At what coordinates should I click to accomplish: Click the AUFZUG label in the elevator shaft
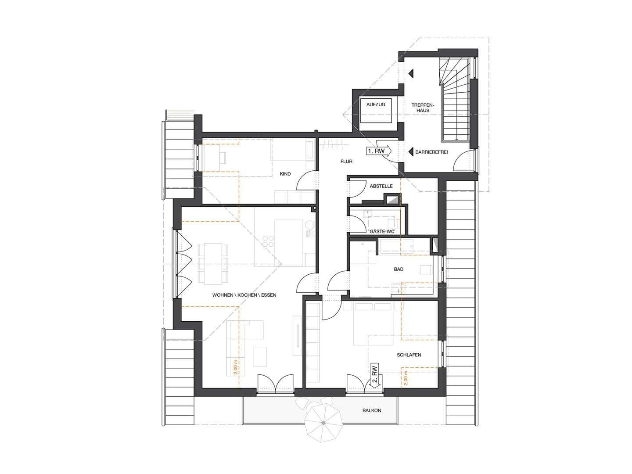[x=375, y=104]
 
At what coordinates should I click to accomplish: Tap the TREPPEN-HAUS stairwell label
[x=422, y=108]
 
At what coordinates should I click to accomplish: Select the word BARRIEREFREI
[x=431, y=152]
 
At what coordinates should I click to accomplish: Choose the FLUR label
[x=346, y=162]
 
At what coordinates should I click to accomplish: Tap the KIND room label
[x=285, y=174]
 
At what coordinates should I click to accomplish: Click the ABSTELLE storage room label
[x=381, y=186]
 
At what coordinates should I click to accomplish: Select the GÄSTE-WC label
[x=382, y=231]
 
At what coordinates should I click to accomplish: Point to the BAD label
[x=399, y=269]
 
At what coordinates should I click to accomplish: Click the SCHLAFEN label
[x=409, y=355]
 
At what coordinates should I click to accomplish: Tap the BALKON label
[x=372, y=410]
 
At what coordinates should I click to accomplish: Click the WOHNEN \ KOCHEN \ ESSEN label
[x=244, y=294]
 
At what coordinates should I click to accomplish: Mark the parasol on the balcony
[x=323, y=422]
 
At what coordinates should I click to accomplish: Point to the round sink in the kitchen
[x=309, y=224]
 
